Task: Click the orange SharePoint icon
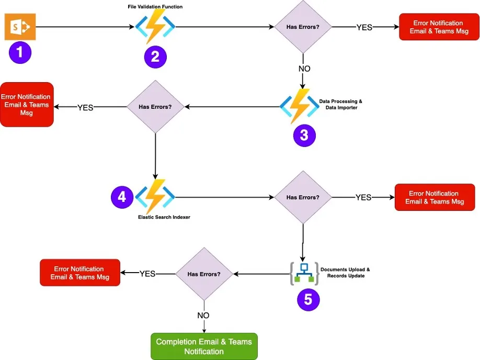pyautogui.click(x=20, y=27)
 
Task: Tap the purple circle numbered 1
pyautogui.click(x=20, y=53)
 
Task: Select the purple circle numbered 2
pyautogui.click(x=155, y=57)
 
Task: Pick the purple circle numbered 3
pyautogui.click(x=304, y=135)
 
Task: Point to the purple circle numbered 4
pyautogui.click(x=122, y=197)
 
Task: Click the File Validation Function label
pyautogui.click(x=155, y=6)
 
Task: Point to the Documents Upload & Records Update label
pyautogui.click(x=345, y=273)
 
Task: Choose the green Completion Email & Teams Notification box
pyautogui.click(x=204, y=346)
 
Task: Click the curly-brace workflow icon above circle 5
pyautogui.click(x=304, y=273)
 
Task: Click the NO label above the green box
pyautogui.click(x=203, y=316)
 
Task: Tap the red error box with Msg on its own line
pyautogui.click(x=27, y=105)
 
